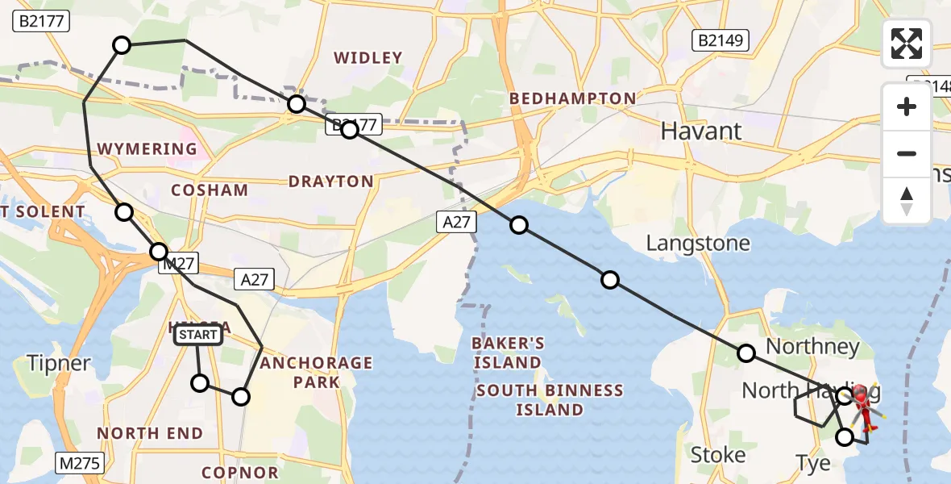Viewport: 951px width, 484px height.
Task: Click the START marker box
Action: pos(197,334)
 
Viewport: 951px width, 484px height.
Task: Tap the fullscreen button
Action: pos(907,44)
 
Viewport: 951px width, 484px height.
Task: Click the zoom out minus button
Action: pos(907,153)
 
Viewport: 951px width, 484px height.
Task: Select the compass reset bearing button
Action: pos(907,200)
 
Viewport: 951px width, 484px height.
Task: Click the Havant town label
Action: pos(700,131)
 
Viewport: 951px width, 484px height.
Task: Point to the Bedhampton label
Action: pos(572,98)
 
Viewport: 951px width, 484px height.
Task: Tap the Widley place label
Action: pos(368,57)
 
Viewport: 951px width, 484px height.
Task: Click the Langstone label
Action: pos(698,243)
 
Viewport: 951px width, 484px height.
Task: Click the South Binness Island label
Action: pos(550,400)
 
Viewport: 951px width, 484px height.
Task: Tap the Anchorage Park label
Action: pos(317,372)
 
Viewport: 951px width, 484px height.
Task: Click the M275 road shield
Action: pos(76,462)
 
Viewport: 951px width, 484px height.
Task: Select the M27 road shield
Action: pos(178,263)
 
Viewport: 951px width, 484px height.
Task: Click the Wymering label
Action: pos(147,149)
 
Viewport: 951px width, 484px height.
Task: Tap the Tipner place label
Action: pos(58,363)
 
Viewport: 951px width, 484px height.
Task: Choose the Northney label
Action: pos(812,347)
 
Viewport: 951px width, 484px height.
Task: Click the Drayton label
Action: pos(330,181)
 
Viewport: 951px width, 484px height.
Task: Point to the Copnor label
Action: pos(239,472)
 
